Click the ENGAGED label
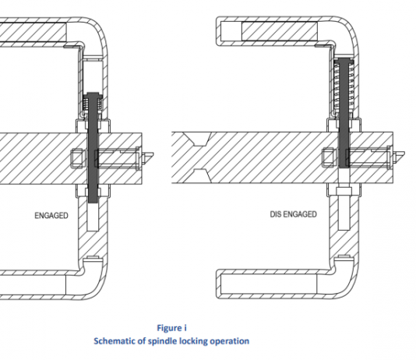[x=51, y=215]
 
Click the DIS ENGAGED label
[x=293, y=214]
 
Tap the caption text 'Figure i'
[x=171, y=328]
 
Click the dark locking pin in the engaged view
[x=93, y=148]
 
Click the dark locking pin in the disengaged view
[x=344, y=113]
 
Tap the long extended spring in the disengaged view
[x=344, y=87]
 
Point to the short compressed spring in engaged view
[x=93, y=104]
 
